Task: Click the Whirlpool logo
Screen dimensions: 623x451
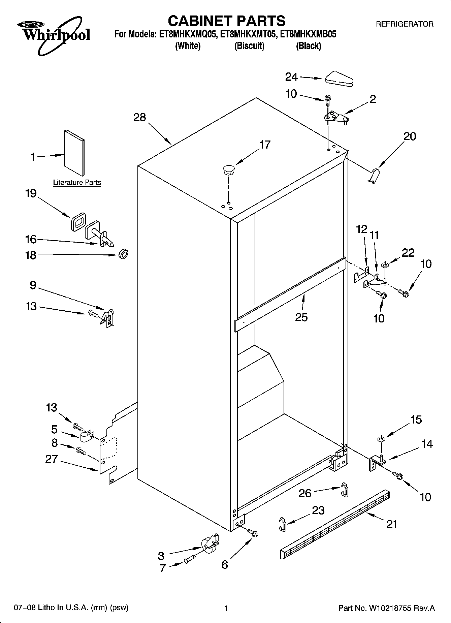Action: [x=54, y=35]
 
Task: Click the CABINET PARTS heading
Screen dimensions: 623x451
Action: [x=226, y=21]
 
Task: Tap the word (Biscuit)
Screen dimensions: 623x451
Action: [x=249, y=46]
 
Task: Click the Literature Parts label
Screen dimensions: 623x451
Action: [x=77, y=183]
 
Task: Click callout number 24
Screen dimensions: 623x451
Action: [x=291, y=77]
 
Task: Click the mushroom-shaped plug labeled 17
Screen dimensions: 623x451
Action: [x=229, y=169]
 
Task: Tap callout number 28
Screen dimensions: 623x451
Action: [x=139, y=117]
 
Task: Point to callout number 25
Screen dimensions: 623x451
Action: [x=301, y=317]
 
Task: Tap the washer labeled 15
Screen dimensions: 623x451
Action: [x=381, y=439]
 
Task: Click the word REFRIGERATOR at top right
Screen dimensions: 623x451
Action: [x=404, y=24]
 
